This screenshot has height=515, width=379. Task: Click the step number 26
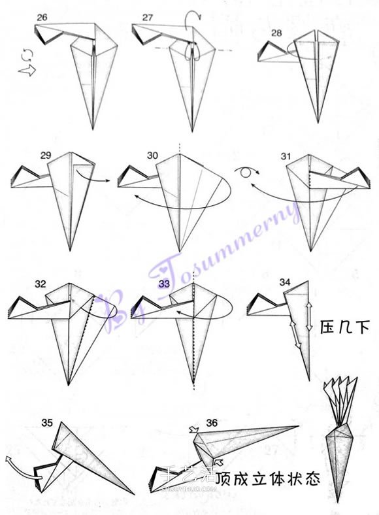point(42,18)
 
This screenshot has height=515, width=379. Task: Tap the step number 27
point(148,18)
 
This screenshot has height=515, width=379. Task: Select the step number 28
point(276,33)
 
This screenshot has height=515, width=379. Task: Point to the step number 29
point(46,155)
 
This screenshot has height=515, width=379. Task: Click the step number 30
point(152,156)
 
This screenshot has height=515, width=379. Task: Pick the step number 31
point(286,156)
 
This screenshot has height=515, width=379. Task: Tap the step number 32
point(41,284)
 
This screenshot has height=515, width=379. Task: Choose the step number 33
point(164,284)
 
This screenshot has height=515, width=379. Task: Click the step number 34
point(285,282)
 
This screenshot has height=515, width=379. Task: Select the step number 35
point(47,422)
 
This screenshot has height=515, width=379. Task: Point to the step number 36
point(212,423)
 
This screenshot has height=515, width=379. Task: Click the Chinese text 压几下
point(345,327)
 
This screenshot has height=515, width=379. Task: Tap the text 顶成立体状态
point(268,479)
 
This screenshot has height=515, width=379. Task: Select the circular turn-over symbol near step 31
point(246,172)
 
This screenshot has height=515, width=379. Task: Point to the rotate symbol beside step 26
point(27,54)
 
